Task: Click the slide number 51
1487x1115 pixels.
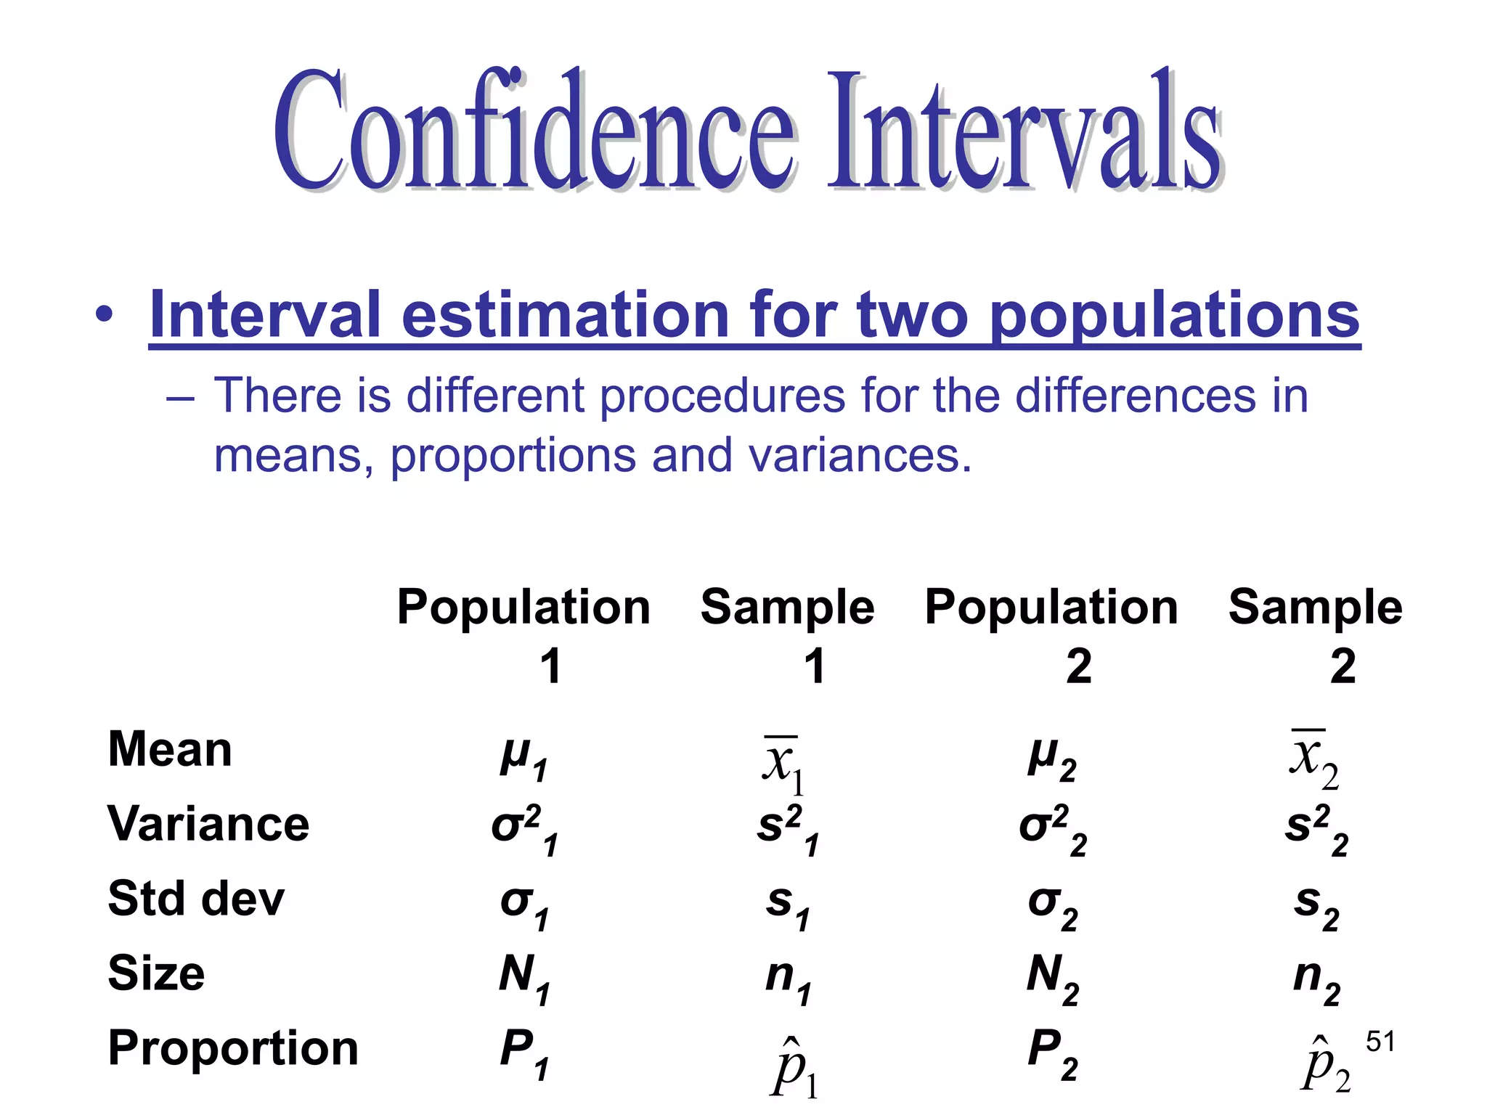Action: click(x=1380, y=1042)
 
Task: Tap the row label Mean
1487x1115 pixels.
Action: click(x=170, y=749)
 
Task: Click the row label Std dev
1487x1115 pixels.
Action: click(x=196, y=899)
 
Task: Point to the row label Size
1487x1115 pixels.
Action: click(x=156, y=973)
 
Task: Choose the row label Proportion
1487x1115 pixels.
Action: click(x=233, y=1048)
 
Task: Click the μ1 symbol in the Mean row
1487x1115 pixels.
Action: click(x=523, y=759)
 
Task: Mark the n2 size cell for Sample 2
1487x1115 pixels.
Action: click(x=1316, y=979)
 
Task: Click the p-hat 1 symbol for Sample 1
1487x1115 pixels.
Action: click(x=794, y=1068)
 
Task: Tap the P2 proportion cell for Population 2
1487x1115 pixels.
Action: click(x=1052, y=1054)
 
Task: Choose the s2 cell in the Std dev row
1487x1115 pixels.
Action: click(x=1316, y=906)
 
